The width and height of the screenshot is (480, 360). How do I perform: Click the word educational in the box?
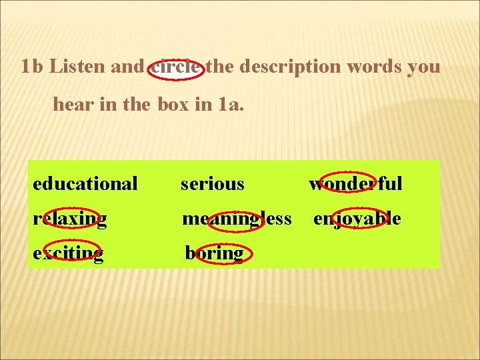pos(85,183)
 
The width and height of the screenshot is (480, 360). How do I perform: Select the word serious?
pos(212,183)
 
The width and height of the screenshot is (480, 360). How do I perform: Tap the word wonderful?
pos(355,183)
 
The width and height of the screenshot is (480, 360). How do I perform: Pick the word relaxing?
pos(69,219)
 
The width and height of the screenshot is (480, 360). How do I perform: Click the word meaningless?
pos(237,219)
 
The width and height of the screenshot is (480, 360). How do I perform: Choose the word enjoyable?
pos(357,219)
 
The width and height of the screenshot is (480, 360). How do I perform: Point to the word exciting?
pos(67,253)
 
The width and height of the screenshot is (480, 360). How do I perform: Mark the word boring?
pos(214,253)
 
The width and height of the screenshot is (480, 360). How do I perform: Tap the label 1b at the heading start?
pos(32,67)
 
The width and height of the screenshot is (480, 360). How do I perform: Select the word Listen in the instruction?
pos(74,67)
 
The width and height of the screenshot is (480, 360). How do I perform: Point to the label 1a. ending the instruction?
pos(231,105)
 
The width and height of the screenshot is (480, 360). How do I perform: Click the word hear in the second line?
pos(69,105)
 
